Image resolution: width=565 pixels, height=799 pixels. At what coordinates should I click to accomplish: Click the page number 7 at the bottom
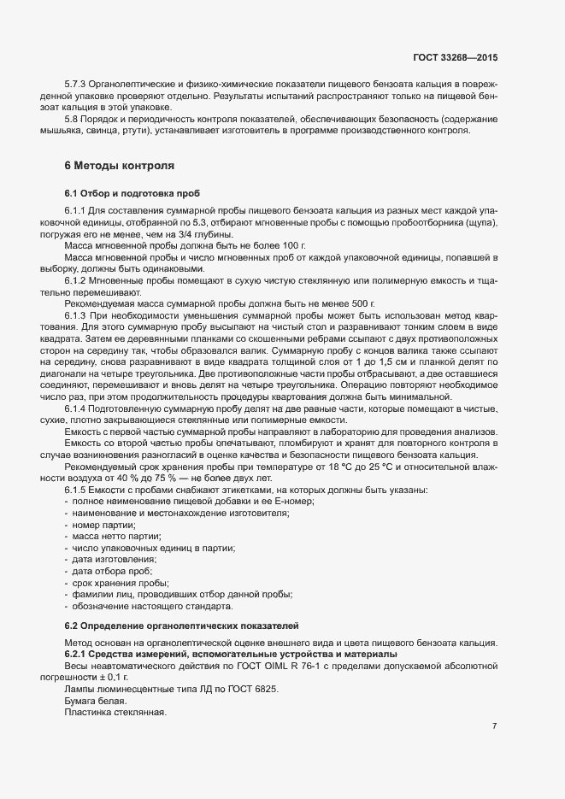click(494, 726)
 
